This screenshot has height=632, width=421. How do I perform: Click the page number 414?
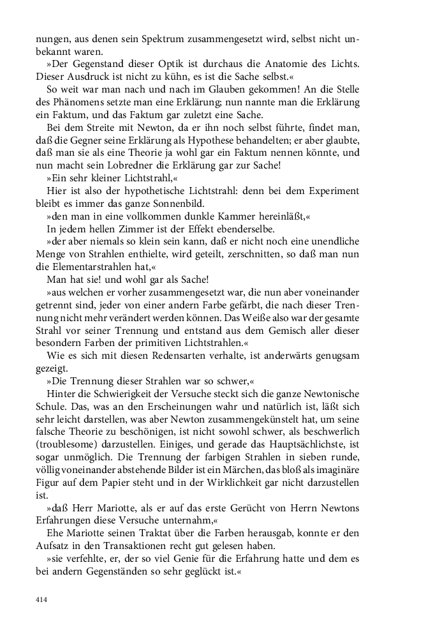(x=41, y=599)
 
